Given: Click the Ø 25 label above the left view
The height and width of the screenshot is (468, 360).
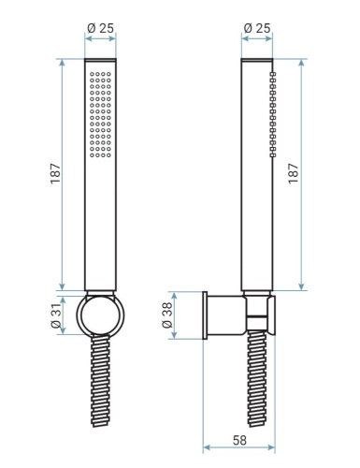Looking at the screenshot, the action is [x=100, y=28].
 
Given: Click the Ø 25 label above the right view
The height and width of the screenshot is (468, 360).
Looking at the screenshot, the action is [x=257, y=28].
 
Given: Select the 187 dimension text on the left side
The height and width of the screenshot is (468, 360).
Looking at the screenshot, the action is [x=55, y=173].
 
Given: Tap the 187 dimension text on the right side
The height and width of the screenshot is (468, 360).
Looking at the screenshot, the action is [x=294, y=173].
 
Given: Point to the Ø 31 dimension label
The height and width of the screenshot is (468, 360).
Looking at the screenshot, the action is [x=55, y=315].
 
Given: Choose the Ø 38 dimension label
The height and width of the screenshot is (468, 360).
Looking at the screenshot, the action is [x=167, y=315].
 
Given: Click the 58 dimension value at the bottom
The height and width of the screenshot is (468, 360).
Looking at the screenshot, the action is [x=239, y=440].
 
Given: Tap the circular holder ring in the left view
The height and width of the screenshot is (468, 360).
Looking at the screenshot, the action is [x=78, y=315].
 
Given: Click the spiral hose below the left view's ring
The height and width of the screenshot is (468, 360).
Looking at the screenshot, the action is [x=101, y=381].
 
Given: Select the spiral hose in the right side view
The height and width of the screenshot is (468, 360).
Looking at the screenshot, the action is [x=257, y=379].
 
